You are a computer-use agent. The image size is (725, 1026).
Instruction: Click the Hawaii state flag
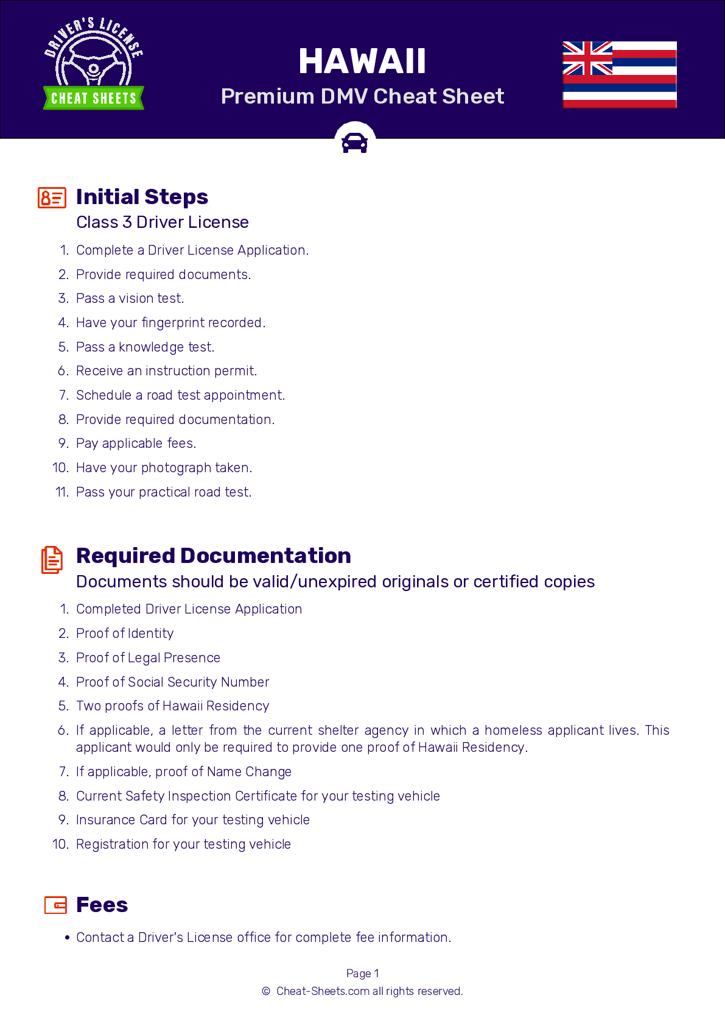pos(619,74)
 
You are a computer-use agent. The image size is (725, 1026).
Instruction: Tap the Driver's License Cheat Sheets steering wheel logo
pos(94,64)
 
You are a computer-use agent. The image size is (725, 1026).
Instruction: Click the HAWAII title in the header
pos(362,62)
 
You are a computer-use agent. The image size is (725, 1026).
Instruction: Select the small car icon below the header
pos(354,143)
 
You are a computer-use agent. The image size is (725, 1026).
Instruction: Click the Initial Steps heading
pos(142,197)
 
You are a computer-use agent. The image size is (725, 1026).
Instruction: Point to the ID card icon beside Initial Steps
pos(52,198)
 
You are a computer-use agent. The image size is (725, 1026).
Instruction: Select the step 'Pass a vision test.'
pos(130,299)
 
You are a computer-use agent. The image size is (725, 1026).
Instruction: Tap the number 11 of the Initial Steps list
pos(61,492)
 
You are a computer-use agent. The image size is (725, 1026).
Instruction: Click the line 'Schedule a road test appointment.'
pos(180,395)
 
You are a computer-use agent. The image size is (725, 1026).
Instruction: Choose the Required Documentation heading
pos(213,556)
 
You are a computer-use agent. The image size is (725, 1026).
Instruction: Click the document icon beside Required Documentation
pos(52,559)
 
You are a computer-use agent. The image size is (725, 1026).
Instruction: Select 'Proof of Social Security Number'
pos(172,682)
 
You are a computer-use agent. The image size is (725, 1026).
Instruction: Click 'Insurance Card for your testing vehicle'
pos(192,820)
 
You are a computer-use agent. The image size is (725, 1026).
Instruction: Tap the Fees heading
pos(102,905)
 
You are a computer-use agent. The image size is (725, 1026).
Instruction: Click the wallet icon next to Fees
pos(55,905)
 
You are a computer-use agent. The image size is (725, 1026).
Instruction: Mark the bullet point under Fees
pos(67,938)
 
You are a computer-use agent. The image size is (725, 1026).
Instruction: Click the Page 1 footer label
pos(362,974)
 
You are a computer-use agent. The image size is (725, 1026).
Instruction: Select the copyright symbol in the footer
pos(266,991)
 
